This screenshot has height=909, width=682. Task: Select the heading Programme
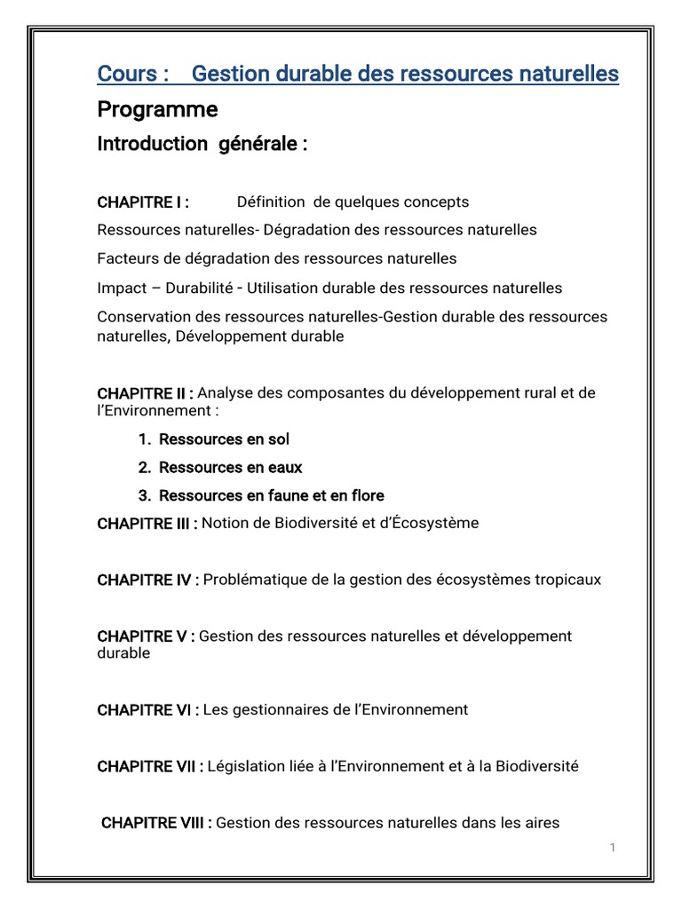click(x=157, y=110)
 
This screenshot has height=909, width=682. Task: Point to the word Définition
click(x=269, y=202)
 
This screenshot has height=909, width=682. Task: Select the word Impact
click(x=119, y=289)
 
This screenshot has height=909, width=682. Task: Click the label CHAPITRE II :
click(x=146, y=393)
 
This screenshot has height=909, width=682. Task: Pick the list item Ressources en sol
click(x=224, y=439)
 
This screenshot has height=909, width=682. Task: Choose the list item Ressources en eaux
click(x=230, y=468)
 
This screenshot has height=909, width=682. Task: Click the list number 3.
click(x=143, y=495)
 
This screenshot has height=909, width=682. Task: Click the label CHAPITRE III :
click(x=147, y=524)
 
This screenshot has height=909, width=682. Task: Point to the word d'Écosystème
click(x=429, y=524)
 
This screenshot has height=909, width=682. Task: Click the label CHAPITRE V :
click(x=146, y=636)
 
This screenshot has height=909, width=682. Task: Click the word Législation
click(x=247, y=766)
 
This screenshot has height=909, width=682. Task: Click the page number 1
click(x=612, y=848)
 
